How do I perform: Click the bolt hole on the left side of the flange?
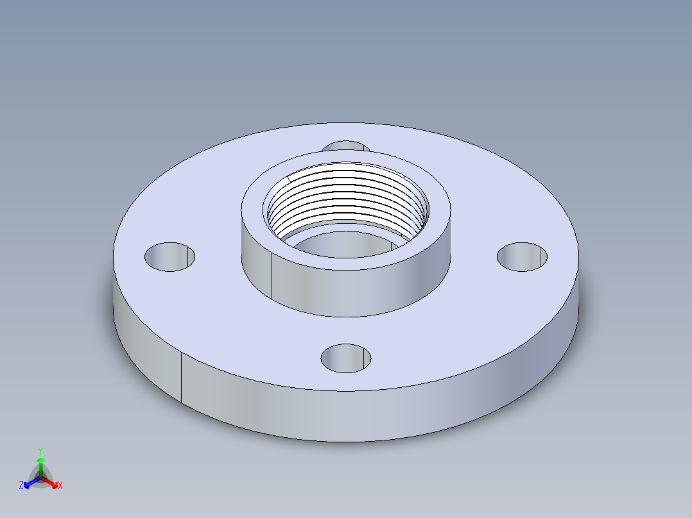click(169, 256)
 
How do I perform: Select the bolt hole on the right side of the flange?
click(523, 256)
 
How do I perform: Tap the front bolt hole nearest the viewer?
click(346, 358)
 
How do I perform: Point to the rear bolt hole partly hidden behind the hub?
click(345, 146)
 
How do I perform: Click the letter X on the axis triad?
click(60, 486)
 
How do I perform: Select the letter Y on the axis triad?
click(40, 451)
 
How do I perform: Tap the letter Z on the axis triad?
click(21, 486)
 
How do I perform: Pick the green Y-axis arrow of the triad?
click(40, 464)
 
